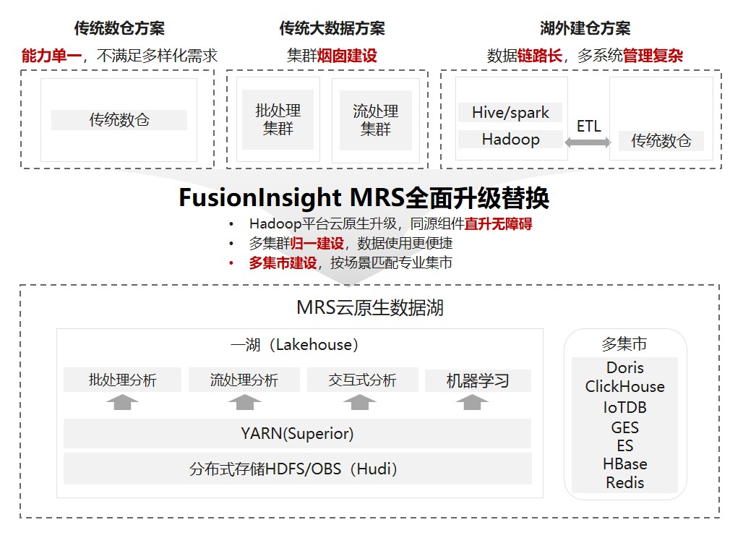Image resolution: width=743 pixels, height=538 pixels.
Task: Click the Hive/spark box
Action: click(x=510, y=112)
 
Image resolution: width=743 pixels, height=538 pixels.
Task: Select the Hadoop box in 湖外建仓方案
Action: click(x=510, y=139)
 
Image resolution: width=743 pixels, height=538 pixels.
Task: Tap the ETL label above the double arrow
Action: click(x=588, y=126)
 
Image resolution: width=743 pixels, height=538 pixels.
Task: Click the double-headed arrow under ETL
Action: click(x=588, y=143)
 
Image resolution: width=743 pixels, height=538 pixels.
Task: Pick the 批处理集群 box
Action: click(x=278, y=120)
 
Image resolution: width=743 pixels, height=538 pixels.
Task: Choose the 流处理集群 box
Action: click(x=375, y=120)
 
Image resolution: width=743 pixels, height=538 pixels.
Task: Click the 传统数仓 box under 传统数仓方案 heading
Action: click(x=119, y=120)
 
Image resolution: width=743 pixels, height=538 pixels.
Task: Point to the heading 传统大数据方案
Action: click(x=332, y=28)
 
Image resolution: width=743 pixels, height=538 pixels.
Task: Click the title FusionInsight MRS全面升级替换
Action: click(x=364, y=197)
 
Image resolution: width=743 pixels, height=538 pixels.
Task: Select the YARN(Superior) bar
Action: click(x=297, y=433)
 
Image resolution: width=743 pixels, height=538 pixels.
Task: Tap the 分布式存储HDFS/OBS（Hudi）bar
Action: click(x=297, y=469)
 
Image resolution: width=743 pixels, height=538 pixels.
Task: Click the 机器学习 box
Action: click(x=478, y=380)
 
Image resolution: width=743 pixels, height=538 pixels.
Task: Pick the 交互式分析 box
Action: click(x=362, y=380)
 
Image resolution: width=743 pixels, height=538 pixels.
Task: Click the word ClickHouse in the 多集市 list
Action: click(x=624, y=386)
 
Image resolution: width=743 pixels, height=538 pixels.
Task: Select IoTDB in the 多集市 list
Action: click(x=624, y=407)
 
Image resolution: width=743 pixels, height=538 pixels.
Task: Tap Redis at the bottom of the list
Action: click(x=624, y=482)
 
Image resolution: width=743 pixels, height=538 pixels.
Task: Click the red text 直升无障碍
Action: click(x=498, y=224)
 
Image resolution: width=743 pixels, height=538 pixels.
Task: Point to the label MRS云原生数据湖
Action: click(x=369, y=307)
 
